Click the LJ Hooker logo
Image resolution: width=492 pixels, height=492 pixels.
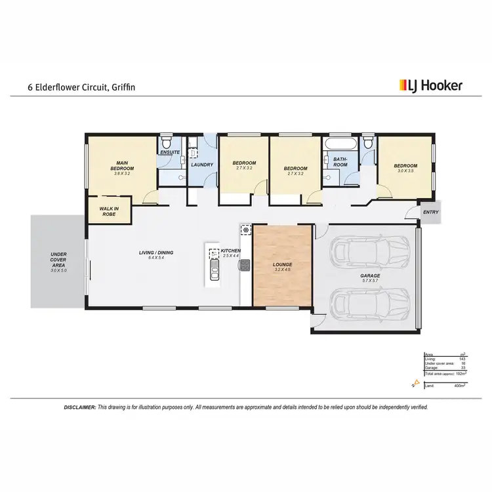(430, 85)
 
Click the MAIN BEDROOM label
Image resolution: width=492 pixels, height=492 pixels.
(121, 166)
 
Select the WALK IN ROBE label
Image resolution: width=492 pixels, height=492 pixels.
(109, 211)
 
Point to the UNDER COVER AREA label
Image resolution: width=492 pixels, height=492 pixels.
(59, 261)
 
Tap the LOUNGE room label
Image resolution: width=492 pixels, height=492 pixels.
(282, 265)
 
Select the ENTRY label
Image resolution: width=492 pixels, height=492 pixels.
(431, 212)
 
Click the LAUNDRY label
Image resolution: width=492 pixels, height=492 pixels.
(201, 165)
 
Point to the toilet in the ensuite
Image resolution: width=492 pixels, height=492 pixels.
(167, 142)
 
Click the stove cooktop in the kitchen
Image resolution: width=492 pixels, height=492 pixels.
(245, 265)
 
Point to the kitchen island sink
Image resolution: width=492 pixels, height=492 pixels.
(214, 271)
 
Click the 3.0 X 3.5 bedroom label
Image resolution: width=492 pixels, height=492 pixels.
(405, 169)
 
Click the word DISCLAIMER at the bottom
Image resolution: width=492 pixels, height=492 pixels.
(80, 407)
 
